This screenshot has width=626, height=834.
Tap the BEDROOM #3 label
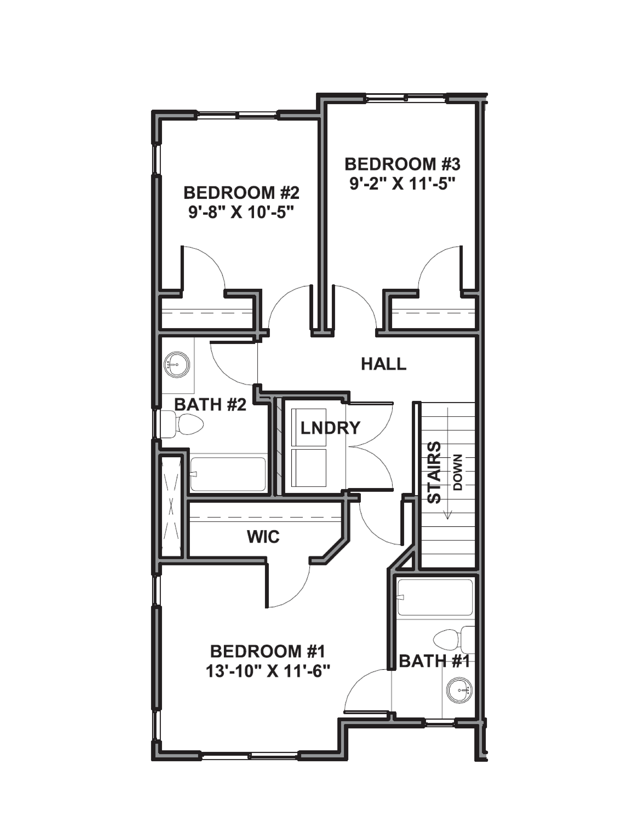coord(403,165)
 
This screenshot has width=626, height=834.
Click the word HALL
coord(384,364)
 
